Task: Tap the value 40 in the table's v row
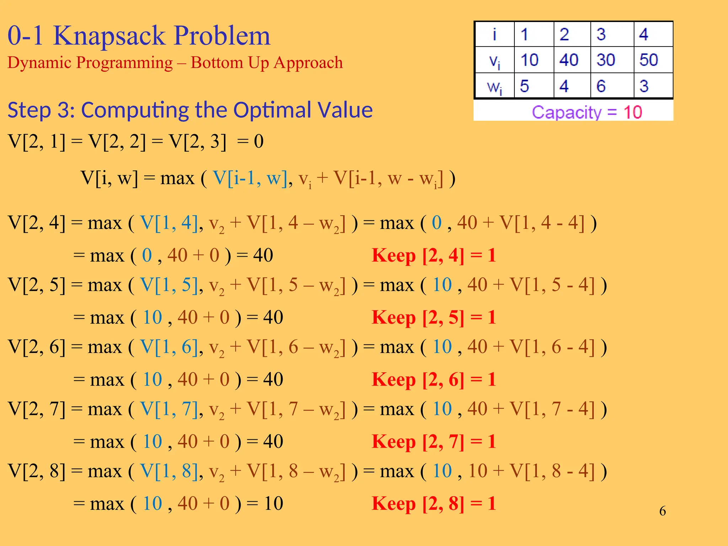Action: (x=568, y=60)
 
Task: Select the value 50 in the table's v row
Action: (x=648, y=60)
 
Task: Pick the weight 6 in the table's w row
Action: (x=601, y=86)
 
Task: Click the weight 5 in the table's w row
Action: (x=524, y=86)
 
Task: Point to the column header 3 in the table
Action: (x=601, y=34)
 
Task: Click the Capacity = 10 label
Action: (x=587, y=112)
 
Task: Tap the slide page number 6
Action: (x=663, y=511)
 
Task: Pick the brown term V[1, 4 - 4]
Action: (x=542, y=223)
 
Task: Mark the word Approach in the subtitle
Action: (x=308, y=63)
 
